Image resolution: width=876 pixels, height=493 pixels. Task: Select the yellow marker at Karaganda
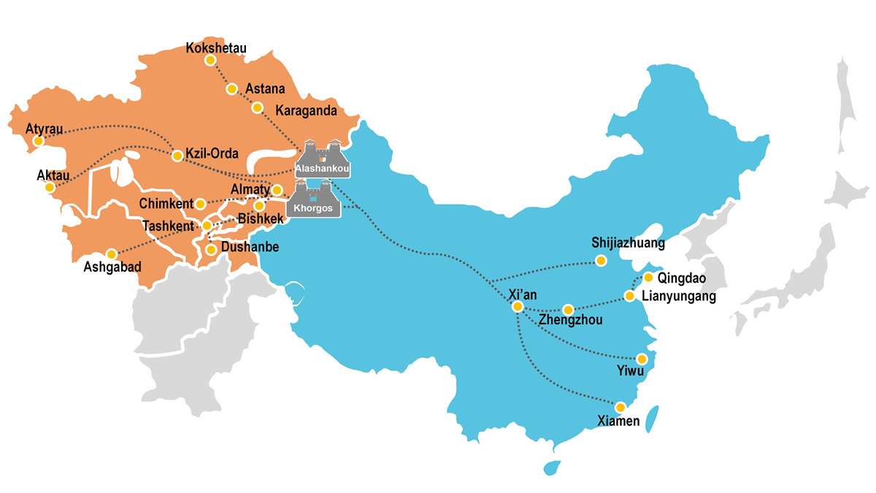tap(257, 107)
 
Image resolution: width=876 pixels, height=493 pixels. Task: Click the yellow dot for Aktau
tap(49, 188)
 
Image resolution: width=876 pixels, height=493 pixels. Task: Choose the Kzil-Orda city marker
tap(177, 156)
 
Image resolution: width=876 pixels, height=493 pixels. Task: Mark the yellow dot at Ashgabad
tap(112, 254)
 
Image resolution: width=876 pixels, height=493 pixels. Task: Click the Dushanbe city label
tap(250, 248)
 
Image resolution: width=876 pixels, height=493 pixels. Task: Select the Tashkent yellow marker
tap(207, 226)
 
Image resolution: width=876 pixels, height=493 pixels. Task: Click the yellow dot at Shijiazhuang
tap(601, 260)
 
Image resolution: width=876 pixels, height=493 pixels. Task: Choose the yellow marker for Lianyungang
tap(629, 296)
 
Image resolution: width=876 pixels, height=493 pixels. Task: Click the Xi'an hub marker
tap(518, 307)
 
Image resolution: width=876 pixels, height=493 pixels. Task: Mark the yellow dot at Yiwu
tap(642, 359)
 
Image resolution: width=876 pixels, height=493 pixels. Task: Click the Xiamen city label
tap(618, 421)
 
